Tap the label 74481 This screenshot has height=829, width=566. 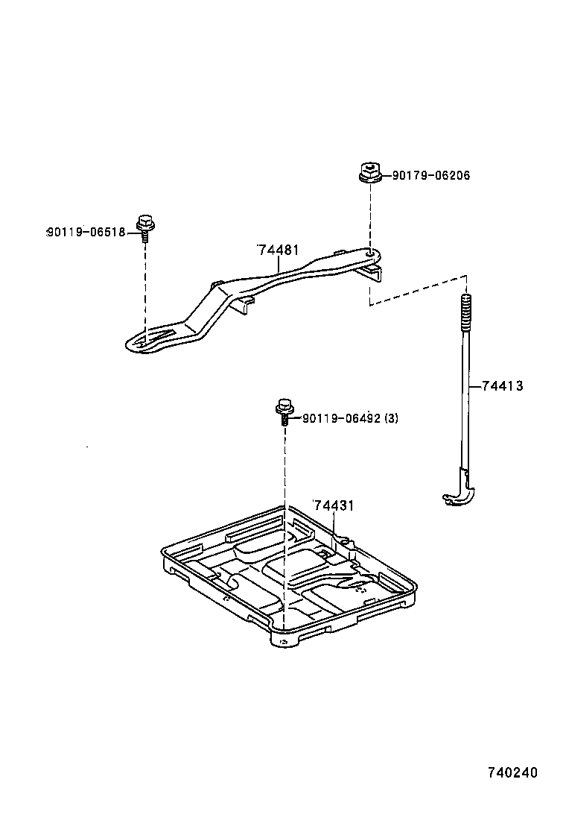pyautogui.click(x=279, y=250)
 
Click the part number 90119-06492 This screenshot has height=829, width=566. pyautogui.click(x=340, y=418)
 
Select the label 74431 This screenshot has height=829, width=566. pyautogui.click(x=333, y=505)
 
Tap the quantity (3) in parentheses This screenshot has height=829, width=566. pyautogui.click(x=391, y=418)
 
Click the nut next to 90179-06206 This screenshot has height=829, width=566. pyautogui.click(x=368, y=174)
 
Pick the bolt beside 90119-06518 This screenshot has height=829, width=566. pyautogui.click(x=145, y=225)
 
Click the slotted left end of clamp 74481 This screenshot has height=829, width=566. pyautogui.click(x=153, y=339)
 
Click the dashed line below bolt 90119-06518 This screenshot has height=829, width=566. pyautogui.click(x=145, y=283)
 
